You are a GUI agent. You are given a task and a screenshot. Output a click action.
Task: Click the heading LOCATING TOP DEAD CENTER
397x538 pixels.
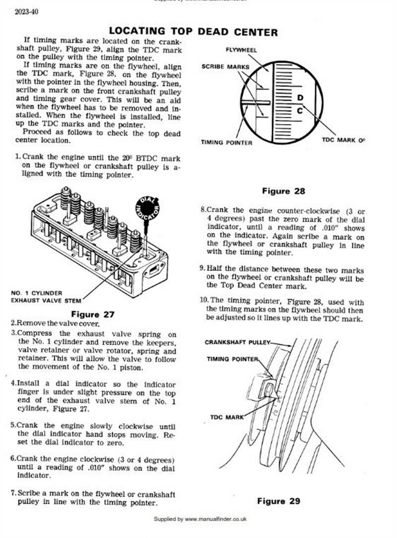pos(193,32)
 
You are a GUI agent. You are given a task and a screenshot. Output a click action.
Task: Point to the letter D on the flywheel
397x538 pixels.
pos(300,98)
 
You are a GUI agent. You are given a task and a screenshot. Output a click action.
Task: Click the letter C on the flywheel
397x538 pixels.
pos(300,111)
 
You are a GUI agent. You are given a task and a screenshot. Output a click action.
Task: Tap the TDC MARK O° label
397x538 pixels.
pos(343,141)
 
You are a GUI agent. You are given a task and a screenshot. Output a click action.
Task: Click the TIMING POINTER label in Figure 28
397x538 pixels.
pos(226,143)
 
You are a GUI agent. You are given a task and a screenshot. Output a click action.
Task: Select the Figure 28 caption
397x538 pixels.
pos(283,191)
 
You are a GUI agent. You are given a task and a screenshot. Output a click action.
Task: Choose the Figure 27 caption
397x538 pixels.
pos(93,314)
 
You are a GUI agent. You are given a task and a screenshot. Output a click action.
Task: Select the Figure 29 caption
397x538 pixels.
pos(278,501)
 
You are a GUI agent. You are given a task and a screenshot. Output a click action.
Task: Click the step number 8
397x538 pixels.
pos(203,210)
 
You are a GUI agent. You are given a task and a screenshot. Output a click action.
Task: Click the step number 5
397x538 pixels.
pos(13,425)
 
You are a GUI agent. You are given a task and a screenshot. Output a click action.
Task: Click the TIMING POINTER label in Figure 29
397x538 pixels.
pos(233,359)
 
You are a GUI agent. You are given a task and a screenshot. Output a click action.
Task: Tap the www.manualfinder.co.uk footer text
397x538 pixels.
pos(215,519)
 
